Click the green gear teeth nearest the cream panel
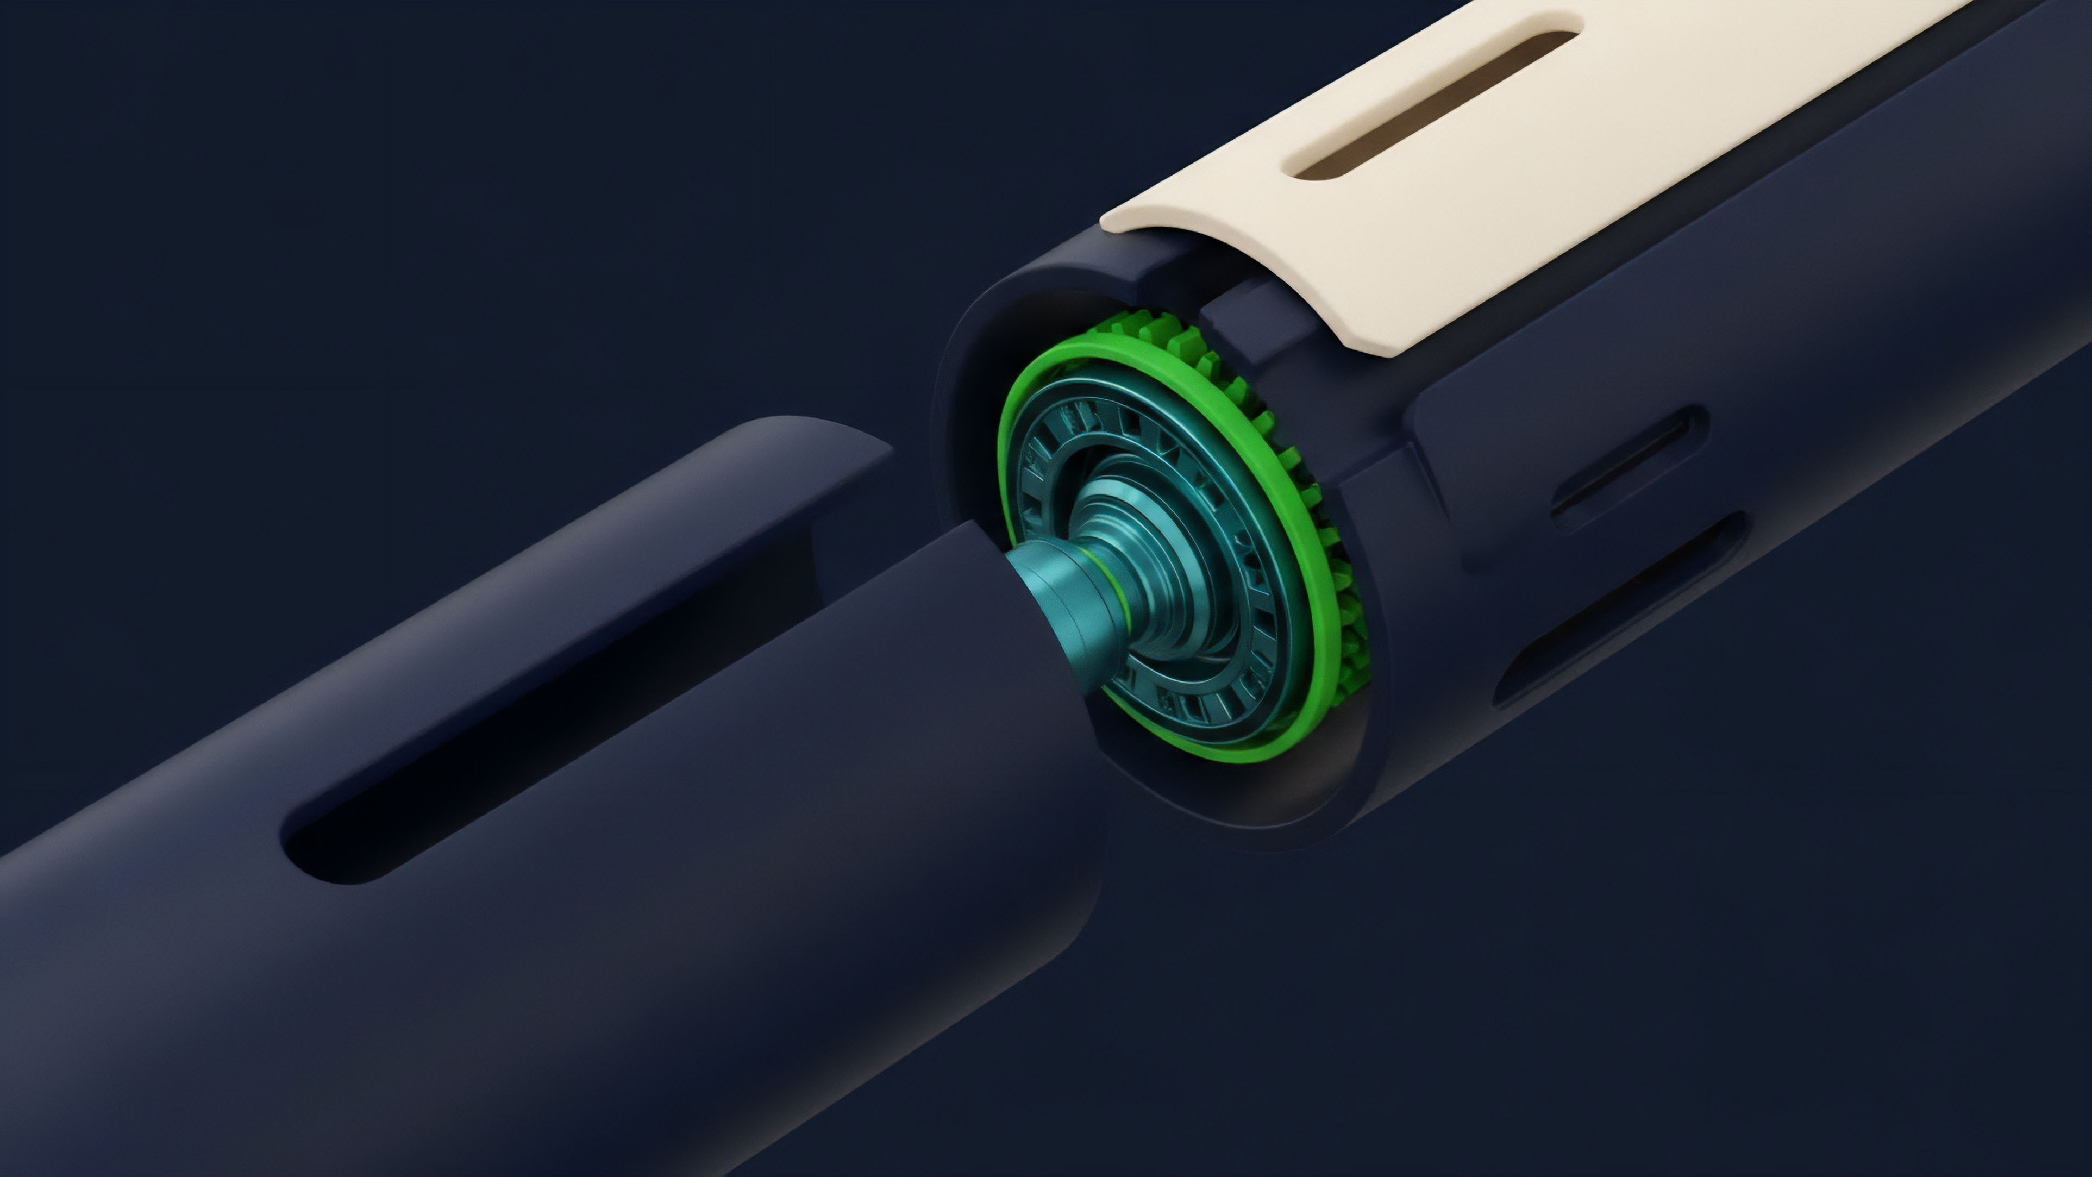click(1153, 333)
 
